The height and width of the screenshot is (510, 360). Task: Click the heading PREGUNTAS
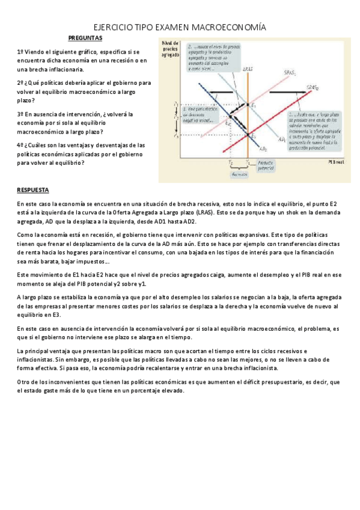click(x=85, y=38)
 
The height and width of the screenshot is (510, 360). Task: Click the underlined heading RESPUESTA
click(x=33, y=190)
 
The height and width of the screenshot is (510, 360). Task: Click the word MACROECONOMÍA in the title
click(x=227, y=28)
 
